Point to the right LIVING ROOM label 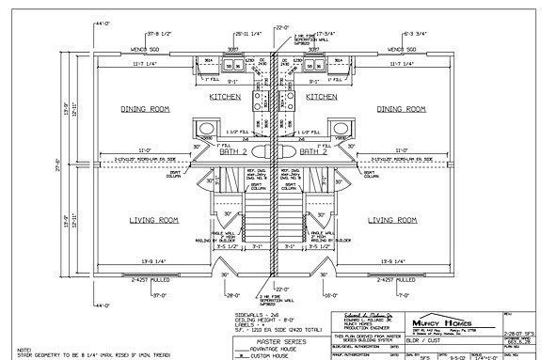(392, 220)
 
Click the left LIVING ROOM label (153, 220)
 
